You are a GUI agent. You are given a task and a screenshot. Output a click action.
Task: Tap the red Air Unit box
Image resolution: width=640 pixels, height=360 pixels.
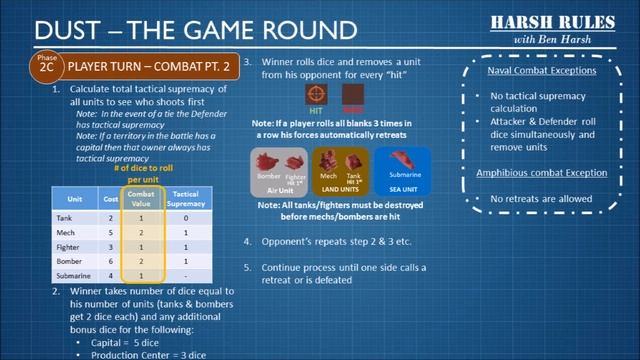(x=279, y=169)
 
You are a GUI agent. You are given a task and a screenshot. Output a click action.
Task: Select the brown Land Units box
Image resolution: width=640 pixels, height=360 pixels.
(x=341, y=169)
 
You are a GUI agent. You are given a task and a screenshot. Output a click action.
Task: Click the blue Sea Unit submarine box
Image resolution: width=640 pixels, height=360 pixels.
(x=402, y=169)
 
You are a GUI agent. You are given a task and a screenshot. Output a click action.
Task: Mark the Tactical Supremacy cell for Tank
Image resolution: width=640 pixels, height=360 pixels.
(x=184, y=215)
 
